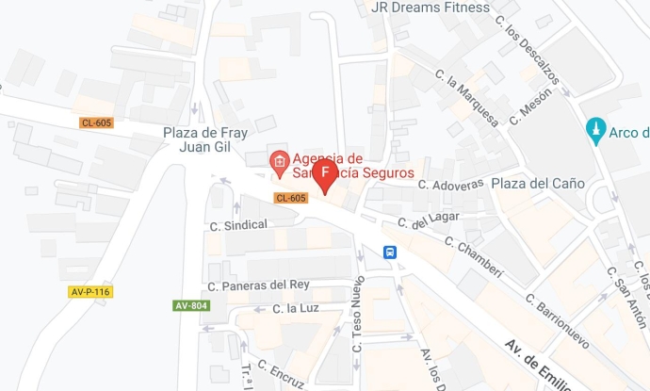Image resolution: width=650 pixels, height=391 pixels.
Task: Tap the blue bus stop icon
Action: (x=390, y=252)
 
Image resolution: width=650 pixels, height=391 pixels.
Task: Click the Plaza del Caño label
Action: (x=538, y=183)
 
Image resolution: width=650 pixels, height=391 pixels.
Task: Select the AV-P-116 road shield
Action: (x=90, y=292)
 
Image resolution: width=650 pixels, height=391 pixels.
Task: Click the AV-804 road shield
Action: (x=191, y=305)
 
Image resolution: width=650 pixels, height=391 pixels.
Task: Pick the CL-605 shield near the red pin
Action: (x=291, y=198)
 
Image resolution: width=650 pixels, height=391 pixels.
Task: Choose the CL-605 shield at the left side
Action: (x=95, y=123)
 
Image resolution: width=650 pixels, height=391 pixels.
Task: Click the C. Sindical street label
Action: (x=238, y=224)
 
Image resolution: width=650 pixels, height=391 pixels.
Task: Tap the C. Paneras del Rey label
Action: (x=258, y=285)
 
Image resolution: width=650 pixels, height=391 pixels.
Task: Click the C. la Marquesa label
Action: (x=467, y=96)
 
